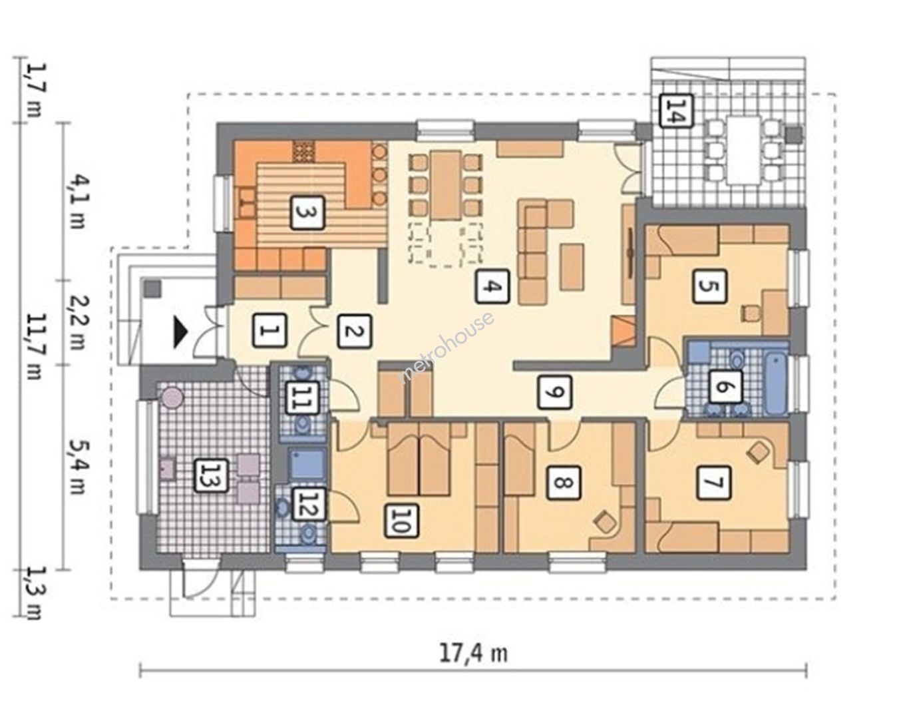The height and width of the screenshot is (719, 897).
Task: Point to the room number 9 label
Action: (554, 392)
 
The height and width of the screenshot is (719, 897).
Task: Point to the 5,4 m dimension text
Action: (77, 466)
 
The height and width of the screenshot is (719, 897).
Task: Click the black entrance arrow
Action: (180, 332)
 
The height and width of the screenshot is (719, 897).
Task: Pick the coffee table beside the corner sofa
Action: (572, 268)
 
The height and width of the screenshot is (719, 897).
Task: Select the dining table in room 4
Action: (446, 185)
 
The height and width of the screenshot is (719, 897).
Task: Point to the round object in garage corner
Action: (171, 396)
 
